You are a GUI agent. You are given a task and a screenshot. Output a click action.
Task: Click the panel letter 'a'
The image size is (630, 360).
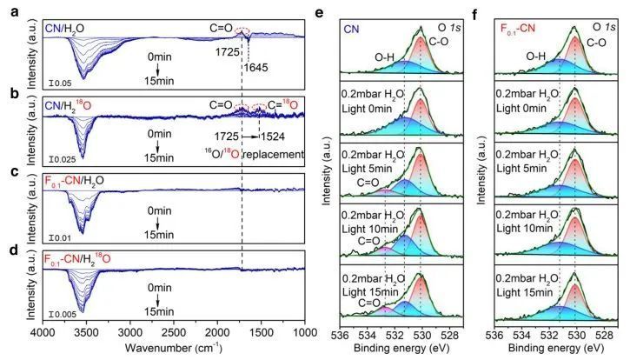[x=8, y=12]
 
